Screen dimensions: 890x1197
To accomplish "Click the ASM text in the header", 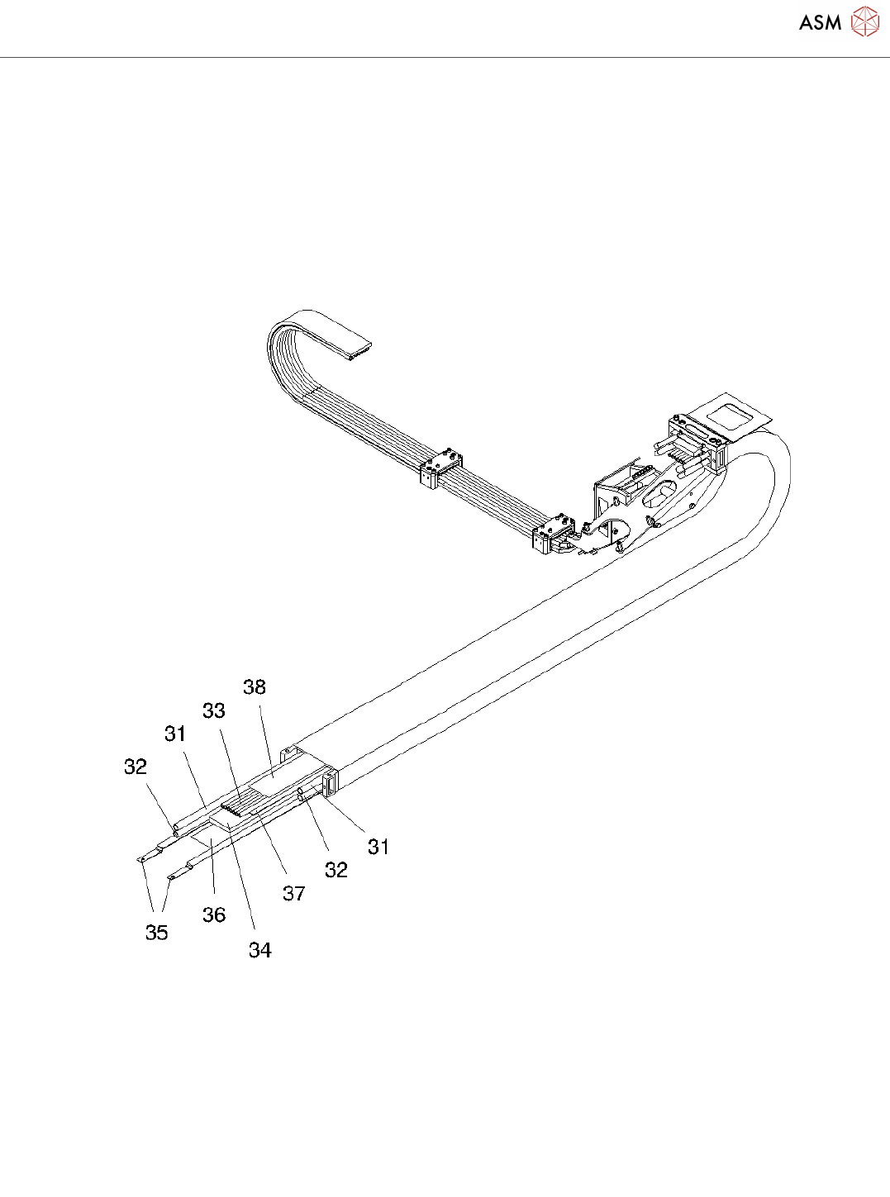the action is click(820, 22).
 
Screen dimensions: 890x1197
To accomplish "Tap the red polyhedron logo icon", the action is click(864, 21).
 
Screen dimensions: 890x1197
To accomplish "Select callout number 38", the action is click(255, 687).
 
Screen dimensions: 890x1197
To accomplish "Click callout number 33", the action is click(214, 710).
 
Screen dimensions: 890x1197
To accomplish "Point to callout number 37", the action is click(294, 894).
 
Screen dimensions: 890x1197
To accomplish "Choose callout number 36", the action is click(214, 914).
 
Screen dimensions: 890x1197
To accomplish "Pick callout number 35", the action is click(157, 933).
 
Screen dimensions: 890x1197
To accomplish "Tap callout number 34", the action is click(259, 950).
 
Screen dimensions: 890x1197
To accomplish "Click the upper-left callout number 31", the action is click(175, 734).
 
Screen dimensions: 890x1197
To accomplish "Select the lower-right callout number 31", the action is click(378, 848).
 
